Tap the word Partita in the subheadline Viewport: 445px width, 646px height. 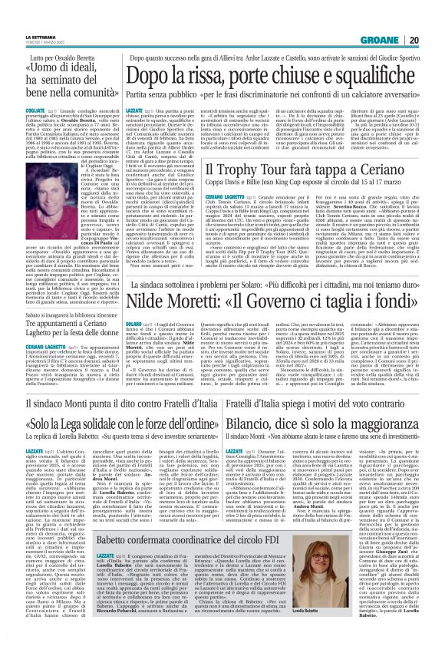tap(128, 94)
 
